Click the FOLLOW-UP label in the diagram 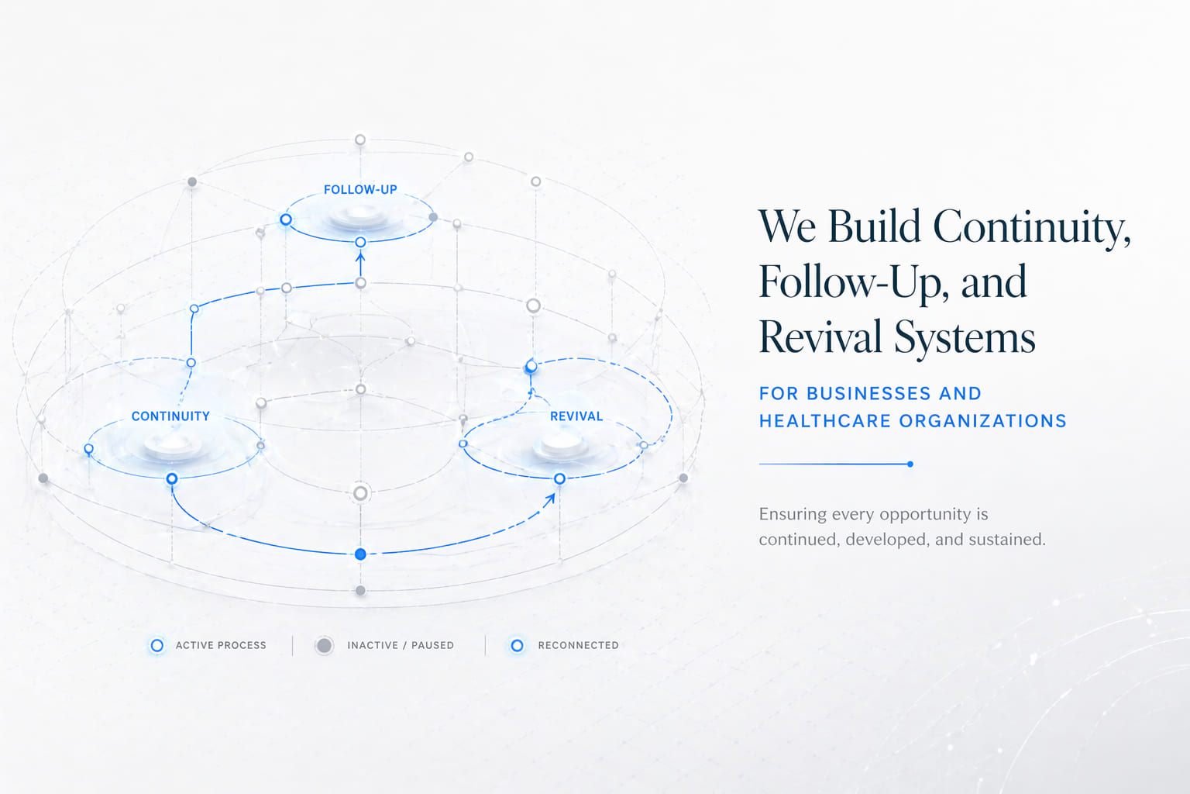click(x=360, y=189)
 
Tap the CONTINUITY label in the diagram click(x=170, y=416)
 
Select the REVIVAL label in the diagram click(x=576, y=416)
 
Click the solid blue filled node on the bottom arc click(x=360, y=554)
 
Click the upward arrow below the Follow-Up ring click(x=360, y=264)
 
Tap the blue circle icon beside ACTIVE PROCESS click(x=156, y=645)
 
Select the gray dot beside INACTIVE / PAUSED click(x=324, y=645)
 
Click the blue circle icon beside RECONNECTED click(x=517, y=645)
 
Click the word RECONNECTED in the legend click(x=578, y=645)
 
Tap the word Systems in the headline click(x=965, y=339)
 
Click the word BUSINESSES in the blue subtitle click(x=868, y=393)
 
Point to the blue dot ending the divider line click(x=910, y=464)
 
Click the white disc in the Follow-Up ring click(x=359, y=216)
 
